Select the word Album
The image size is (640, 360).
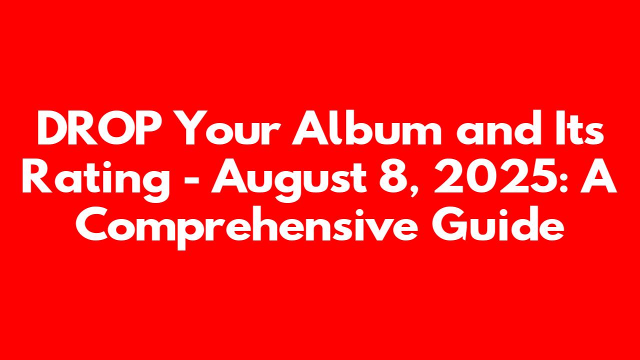click(366, 127)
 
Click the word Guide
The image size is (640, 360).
click(498, 223)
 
